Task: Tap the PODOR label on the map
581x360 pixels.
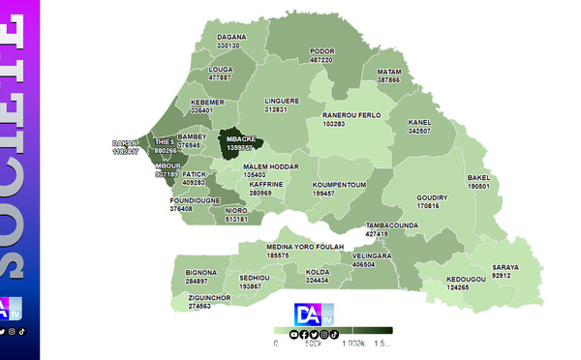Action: pyautogui.click(x=321, y=51)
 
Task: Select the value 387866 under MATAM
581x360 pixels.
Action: pyautogui.click(x=388, y=80)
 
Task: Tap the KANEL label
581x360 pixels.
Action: pyautogui.click(x=419, y=122)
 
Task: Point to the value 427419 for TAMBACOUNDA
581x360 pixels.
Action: pyautogui.click(x=377, y=234)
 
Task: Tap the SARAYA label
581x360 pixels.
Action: pyautogui.click(x=505, y=267)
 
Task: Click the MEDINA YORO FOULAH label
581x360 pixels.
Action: pyautogui.click(x=278, y=247)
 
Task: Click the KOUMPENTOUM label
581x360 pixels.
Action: pyautogui.click(x=338, y=185)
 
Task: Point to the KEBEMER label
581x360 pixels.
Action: pyautogui.click(x=207, y=102)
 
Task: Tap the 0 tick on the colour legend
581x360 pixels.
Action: pyautogui.click(x=276, y=344)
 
